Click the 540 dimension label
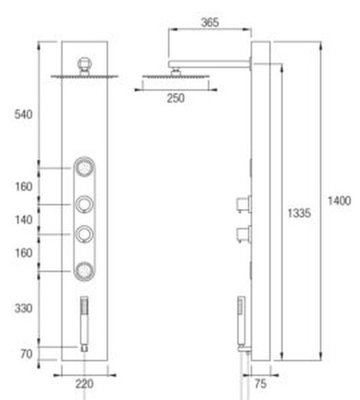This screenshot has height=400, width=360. pyautogui.click(x=24, y=114)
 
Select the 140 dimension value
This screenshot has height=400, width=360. pyautogui.click(x=24, y=219)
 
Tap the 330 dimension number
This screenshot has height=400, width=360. pyautogui.click(x=24, y=308)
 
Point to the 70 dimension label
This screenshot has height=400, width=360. pyautogui.click(x=26, y=354)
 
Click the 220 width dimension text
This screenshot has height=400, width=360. pyautogui.click(x=84, y=383)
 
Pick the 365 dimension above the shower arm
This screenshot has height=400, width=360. pyautogui.click(x=210, y=22)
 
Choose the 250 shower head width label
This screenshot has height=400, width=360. pyautogui.click(x=176, y=98)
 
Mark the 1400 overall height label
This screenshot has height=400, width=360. pyautogui.click(x=339, y=201)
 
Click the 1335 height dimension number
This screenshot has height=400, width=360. pyautogui.click(x=299, y=213)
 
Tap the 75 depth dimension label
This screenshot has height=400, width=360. pyautogui.click(x=260, y=383)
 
